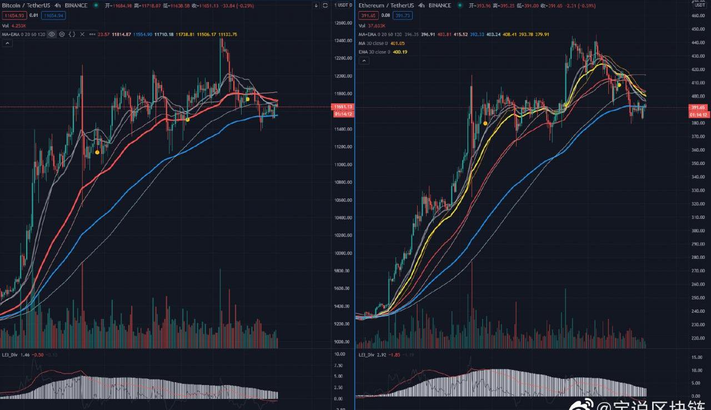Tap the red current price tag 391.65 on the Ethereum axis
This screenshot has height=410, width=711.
coord(698,107)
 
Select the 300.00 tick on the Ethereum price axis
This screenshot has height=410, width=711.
coord(698,231)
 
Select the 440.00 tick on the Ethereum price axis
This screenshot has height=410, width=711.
coord(698,43)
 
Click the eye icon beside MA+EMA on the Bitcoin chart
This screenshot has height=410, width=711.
coord(52,34)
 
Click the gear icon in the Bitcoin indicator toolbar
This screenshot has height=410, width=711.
coord(62,34)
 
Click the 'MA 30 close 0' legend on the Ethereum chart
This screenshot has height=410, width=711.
coord(373,43)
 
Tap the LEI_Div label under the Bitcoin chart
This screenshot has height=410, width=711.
coord(9,354)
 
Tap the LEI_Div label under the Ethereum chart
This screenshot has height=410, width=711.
coord(366,354)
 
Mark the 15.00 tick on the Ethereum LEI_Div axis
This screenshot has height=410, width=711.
coord(697,356)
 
